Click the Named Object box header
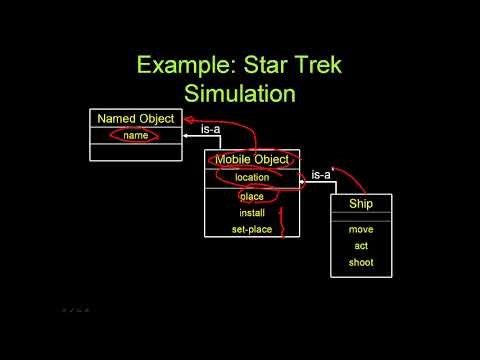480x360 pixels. (x=135, y=119)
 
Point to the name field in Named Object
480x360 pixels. (x=135, y=135)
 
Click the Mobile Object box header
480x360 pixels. (x=252, y=159)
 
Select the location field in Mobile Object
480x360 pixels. (x=252, y=177)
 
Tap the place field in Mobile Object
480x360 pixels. (x=252, y=196)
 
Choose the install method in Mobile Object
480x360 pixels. (x=252, y=213)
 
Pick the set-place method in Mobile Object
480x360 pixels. (x=252, y=230)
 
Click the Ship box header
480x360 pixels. (x=361, y=204)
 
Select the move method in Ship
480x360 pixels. (x=361, y=229)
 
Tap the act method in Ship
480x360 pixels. (x=361, y=245)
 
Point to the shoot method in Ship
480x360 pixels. (x=361, y=262)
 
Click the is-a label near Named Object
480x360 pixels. (x=211, y=129)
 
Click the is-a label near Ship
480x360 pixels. (x=320, y=175)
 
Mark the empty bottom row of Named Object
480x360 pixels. (x=135, y=152)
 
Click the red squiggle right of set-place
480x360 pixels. (x=283, y=224)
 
